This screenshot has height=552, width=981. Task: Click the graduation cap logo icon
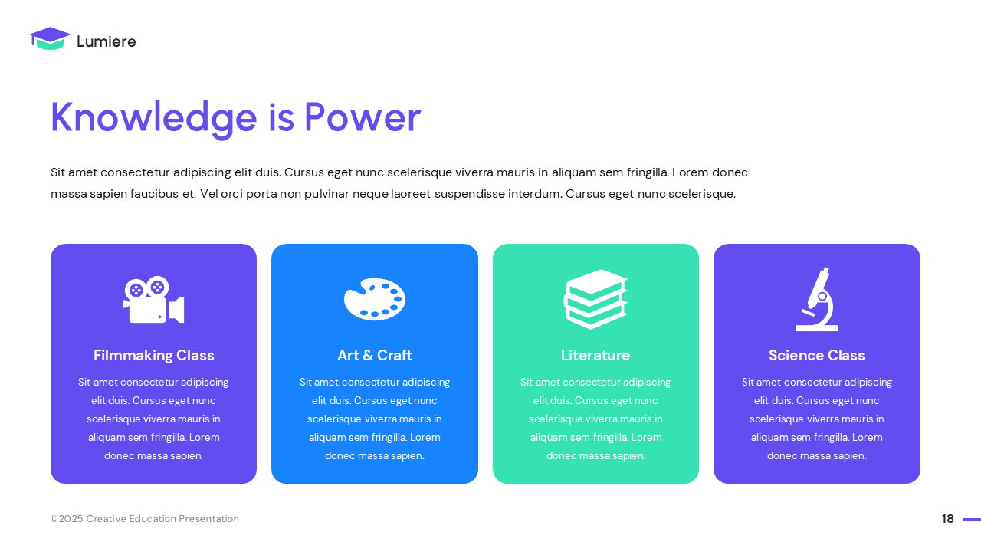50,39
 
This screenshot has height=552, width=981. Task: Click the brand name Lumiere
106,42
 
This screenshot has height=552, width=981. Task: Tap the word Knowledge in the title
153,118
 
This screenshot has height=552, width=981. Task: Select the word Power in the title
363,118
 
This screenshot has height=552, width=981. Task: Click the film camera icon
153,299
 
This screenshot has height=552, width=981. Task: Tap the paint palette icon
375,299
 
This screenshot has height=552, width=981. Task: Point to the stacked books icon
595,299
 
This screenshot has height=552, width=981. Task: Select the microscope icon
816,299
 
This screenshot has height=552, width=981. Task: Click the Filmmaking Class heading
154,356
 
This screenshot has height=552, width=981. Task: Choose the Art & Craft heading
375,356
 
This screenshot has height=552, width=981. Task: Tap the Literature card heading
595,356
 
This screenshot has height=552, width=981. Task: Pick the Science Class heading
816,356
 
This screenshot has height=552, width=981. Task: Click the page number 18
948,519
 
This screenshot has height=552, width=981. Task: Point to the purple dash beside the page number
972,519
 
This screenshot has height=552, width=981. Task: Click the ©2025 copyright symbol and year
67,519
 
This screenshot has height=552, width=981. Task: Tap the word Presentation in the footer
208,519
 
